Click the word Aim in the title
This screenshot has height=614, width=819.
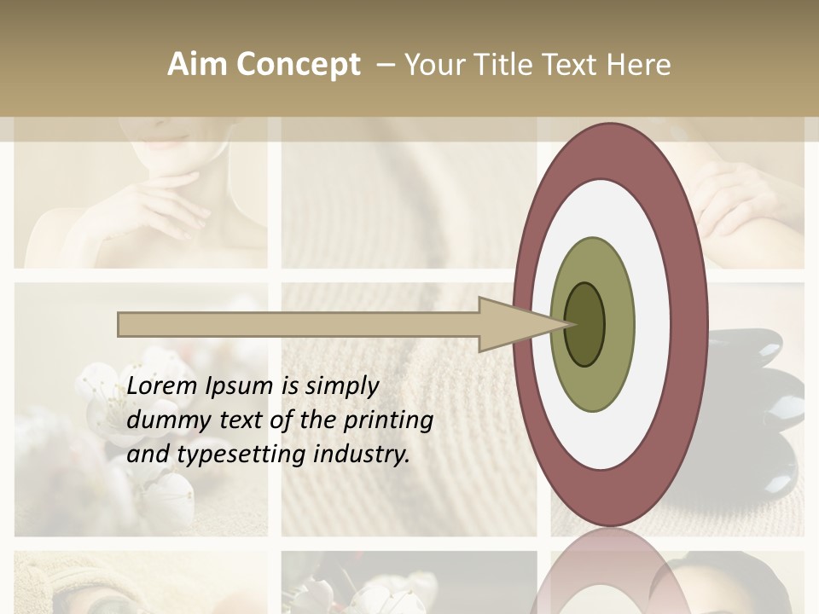pyautogui.click(x=196, y=65)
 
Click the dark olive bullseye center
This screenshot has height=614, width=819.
pyautogui.click(x=584, y=324)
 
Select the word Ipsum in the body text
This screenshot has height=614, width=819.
pyautogui.click(x=239, y=387)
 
